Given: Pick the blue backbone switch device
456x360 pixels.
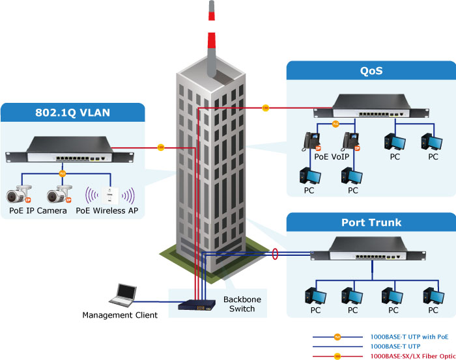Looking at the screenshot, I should [197, 305].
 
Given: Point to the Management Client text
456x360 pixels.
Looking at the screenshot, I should [120, 316].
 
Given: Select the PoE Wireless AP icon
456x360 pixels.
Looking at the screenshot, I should [110, 195].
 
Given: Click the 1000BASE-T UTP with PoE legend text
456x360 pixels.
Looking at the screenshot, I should [409, 337].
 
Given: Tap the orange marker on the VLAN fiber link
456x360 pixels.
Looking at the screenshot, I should [160, 147].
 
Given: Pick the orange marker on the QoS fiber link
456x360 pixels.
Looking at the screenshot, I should [265, 107].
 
